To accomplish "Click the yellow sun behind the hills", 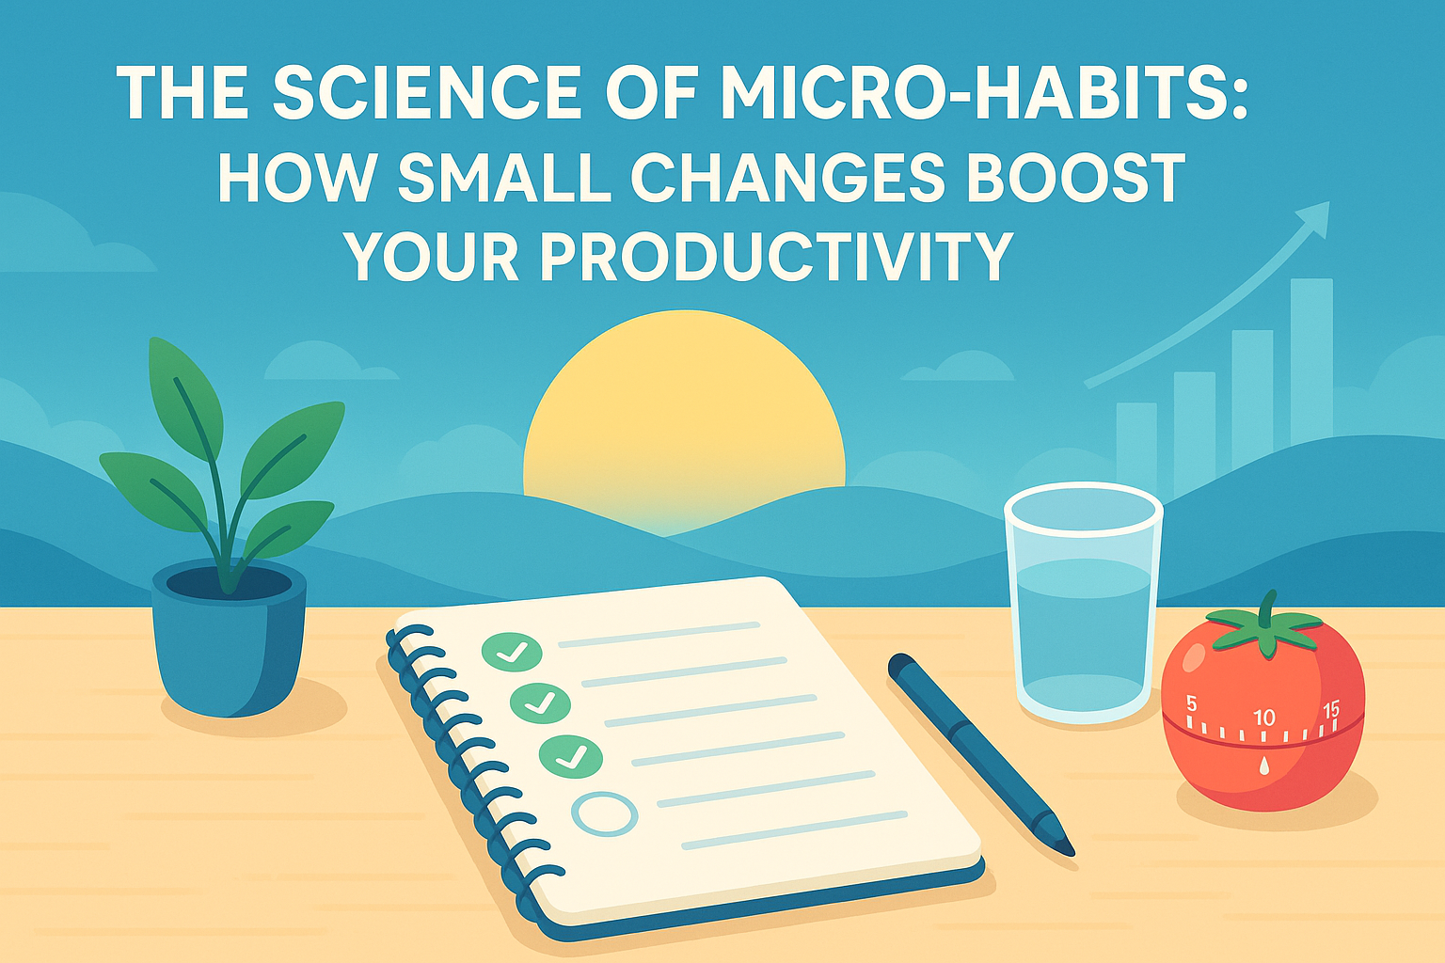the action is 684,419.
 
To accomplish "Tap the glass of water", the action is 1084,603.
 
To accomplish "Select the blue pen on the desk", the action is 980,754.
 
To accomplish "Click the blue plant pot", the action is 229,639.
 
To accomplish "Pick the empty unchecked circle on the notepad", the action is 605,814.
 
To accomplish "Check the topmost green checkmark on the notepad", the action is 512,652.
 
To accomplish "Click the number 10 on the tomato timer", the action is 1264,718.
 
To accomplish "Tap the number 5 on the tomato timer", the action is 1192,703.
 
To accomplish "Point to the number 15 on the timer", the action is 1331,710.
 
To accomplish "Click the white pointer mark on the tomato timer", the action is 1263,766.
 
